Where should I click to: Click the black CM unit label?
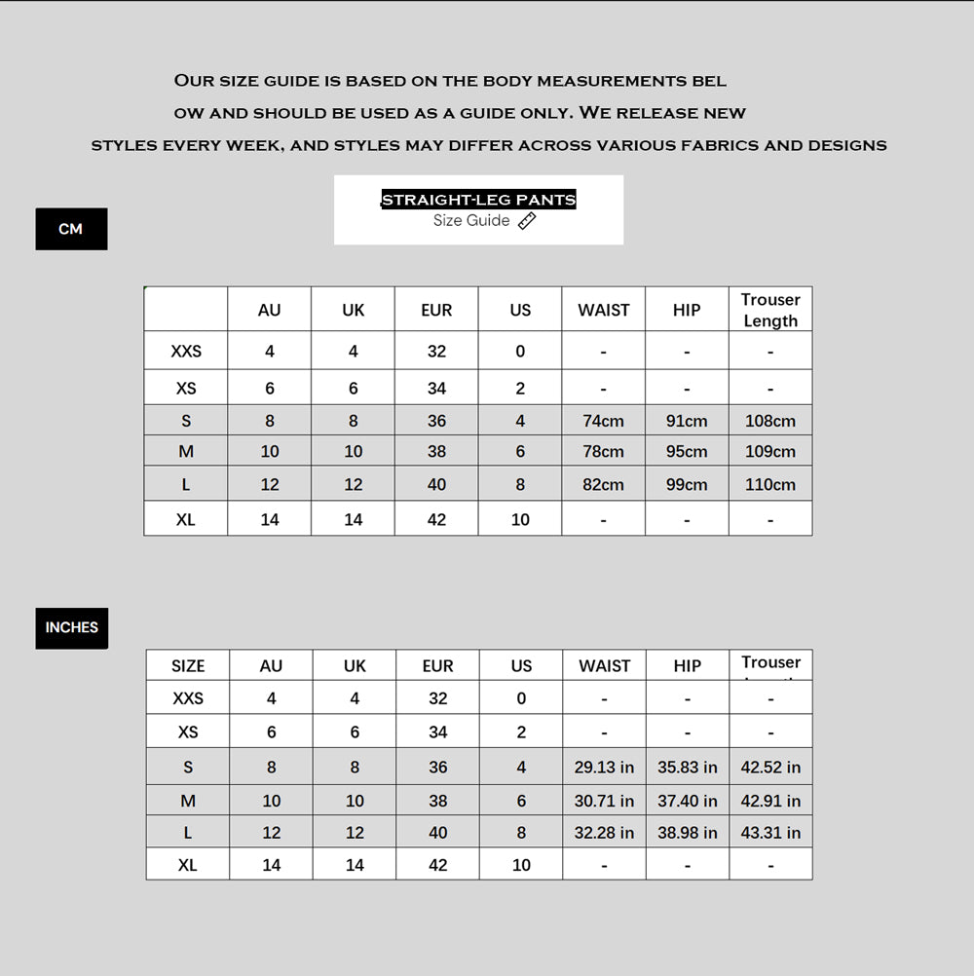pos(71,229)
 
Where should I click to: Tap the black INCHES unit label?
pos(72,628)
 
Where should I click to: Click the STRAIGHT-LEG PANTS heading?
pos(478,200)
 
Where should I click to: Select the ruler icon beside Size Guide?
pos(527,221)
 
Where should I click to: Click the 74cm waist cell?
pos(604,421)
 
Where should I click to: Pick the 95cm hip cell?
pos(687,451)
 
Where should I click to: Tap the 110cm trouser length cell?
pos(770,484)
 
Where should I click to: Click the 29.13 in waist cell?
pos(604,768)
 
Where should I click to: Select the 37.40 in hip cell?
pos(688,801)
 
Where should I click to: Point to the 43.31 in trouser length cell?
pos(770,833)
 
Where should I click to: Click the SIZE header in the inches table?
pos(188,666)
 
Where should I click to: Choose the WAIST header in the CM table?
pos(604,310)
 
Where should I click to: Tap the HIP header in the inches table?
pos(688,666)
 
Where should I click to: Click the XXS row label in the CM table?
pos(186,351)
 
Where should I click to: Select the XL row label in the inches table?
pos(188,865)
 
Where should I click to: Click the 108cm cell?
pos(770,421)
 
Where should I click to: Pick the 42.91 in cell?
pos(770,801)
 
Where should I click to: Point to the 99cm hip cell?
pos(687,484)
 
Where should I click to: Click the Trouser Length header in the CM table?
pos(770,310)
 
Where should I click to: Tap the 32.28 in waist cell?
pos(604,833)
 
